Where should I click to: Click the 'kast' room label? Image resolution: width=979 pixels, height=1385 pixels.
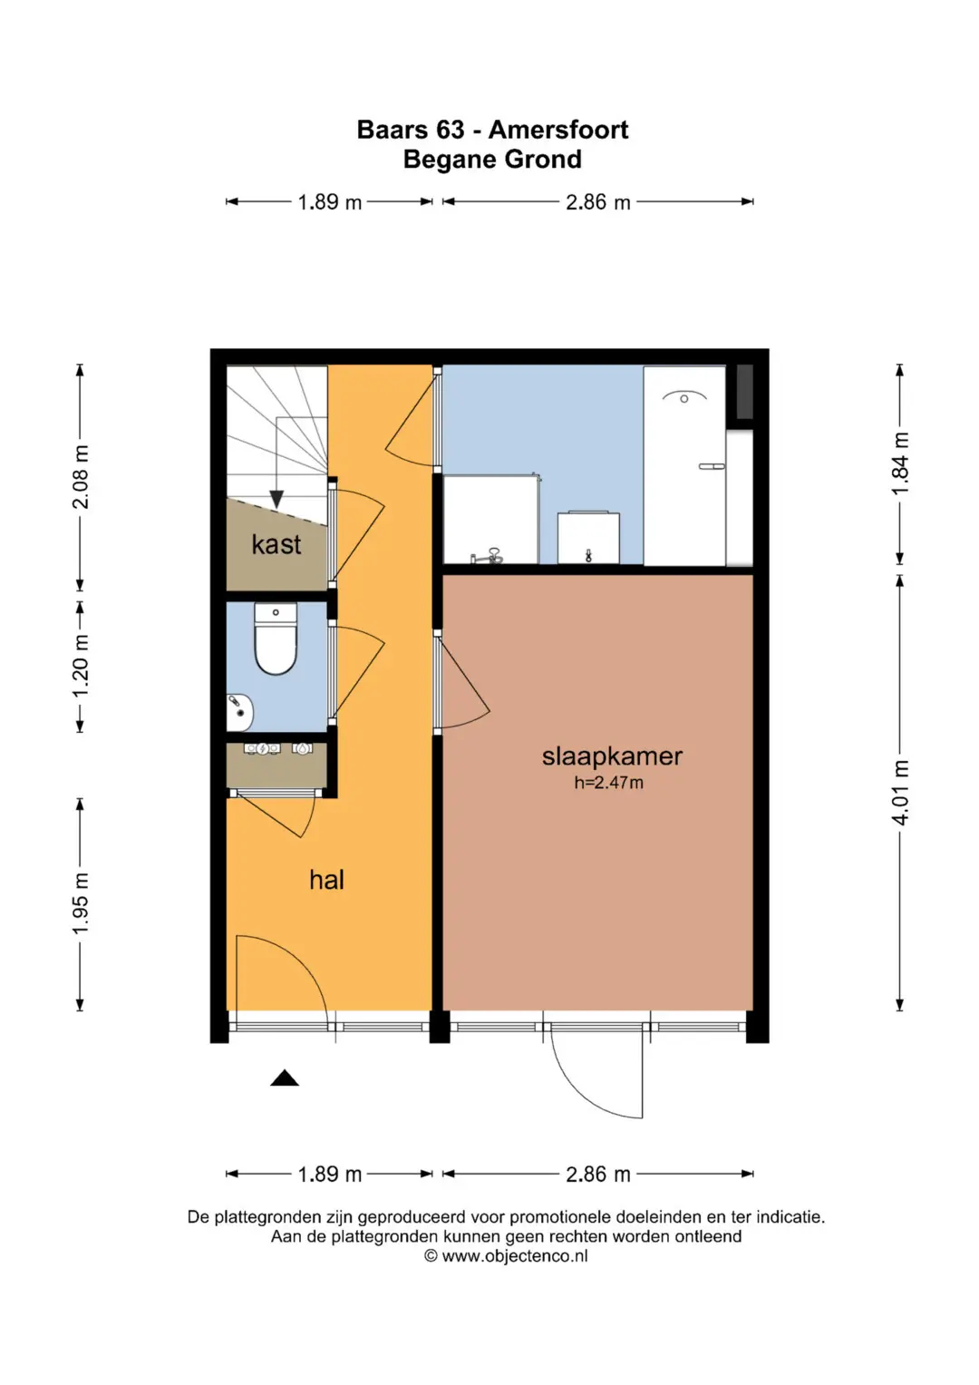276,545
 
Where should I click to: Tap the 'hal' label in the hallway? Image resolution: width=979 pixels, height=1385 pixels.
326,880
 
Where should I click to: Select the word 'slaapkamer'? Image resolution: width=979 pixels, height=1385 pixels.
612,756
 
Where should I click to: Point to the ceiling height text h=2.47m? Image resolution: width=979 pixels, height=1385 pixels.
608,783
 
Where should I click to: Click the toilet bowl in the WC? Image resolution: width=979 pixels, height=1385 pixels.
276,639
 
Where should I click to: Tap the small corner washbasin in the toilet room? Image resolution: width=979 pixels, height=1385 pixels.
239,712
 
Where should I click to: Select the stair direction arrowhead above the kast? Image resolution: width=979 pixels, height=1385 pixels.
276,499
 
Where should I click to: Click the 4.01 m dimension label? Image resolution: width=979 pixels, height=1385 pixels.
900,793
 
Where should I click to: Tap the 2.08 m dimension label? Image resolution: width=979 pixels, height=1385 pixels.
81,476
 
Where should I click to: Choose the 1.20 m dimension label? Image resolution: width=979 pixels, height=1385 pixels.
81,666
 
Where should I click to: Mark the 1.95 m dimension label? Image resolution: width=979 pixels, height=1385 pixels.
81,903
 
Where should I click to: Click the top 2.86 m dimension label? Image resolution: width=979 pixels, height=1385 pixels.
597,202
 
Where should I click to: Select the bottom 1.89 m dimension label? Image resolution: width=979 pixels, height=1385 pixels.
329,1175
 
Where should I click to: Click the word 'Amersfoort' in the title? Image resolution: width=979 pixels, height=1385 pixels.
558,130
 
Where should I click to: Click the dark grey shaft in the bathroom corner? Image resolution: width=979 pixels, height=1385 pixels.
745,391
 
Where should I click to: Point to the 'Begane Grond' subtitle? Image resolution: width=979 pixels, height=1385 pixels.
492,160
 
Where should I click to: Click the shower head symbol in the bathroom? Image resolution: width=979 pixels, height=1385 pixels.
684,397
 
